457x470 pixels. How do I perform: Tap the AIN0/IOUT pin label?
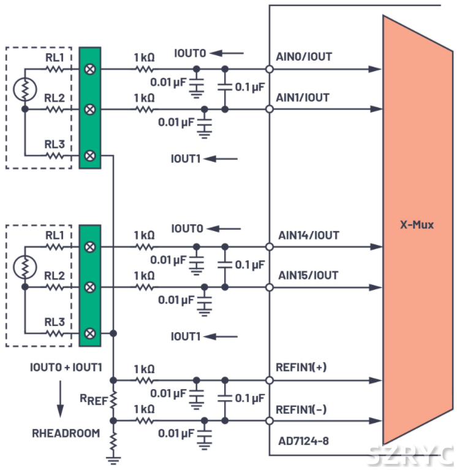click(x=304, y=57)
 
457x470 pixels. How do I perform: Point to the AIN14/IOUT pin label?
click(x=308, y=235)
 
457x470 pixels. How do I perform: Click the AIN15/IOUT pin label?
click(x=307, y=275)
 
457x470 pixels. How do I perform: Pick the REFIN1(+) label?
click(x=301, y=368)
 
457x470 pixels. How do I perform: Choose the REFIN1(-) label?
click(x=301, y=409)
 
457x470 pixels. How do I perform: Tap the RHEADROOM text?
click(x=66, y=433)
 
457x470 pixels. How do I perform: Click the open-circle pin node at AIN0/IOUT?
click(x=269, y=69)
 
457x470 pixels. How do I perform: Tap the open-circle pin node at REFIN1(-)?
click(x=269, y=421)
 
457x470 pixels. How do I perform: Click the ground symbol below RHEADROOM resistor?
click(x=113, y=457)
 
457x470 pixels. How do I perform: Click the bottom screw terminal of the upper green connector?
click(x=90, y=156)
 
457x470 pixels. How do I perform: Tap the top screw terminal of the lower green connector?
click(x=90, y=247)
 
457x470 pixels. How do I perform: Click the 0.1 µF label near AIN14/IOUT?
click(x=250, y=265)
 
